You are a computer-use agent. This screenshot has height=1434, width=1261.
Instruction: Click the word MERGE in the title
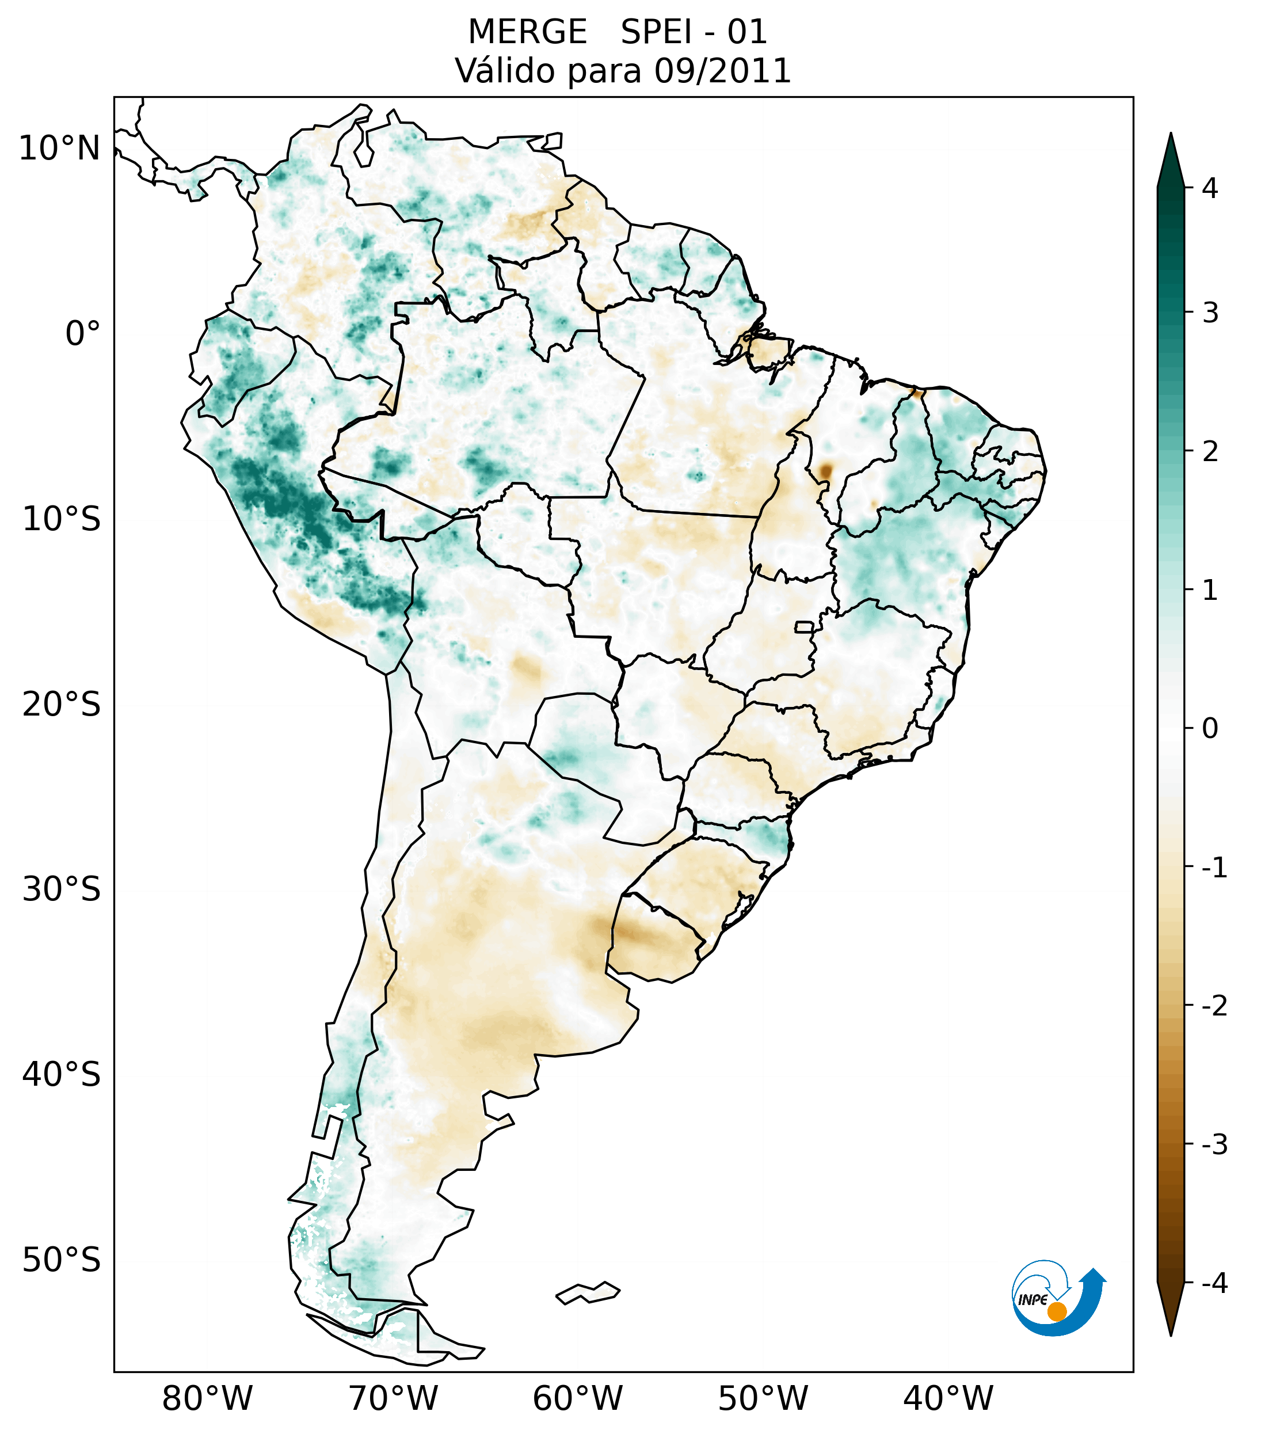pyautogui.click(x=527, y=32)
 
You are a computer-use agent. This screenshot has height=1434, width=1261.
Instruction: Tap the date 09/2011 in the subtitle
pyautogui.click(x=722, y=71)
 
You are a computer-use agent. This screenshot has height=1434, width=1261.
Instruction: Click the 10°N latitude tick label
pyautogui.click(x=59, y=149)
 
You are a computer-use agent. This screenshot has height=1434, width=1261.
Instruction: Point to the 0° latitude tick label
pyautogui.click(x=83, y=334)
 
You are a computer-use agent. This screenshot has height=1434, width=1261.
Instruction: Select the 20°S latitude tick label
pyautogui.click(x=61, y=705)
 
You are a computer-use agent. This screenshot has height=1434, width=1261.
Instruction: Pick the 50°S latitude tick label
pyautogui.click(x=61, y=1260)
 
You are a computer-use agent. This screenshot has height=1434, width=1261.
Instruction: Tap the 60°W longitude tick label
pyautogui.click(x=577, y=1398)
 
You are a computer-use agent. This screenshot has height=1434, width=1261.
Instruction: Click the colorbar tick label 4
pyautogui.click(x=1210, y=188)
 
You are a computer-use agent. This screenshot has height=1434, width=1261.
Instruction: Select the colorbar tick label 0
pyautogui.click(x=1210, y=729)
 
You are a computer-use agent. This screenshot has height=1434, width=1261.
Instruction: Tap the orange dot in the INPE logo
pyautogui.click(x=1056, y=1311)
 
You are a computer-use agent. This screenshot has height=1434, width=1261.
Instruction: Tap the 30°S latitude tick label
pyautogui.click(x=61, y=889)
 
